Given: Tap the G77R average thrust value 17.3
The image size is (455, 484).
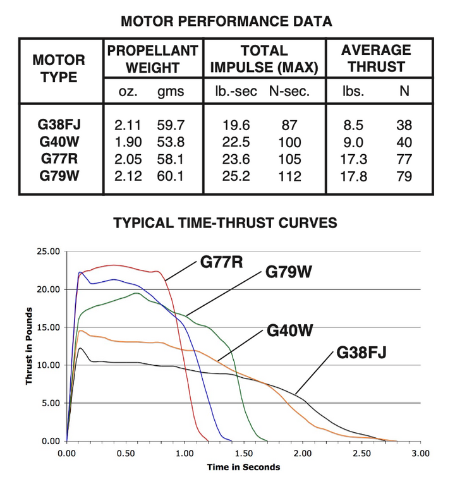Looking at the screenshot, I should point(353,160).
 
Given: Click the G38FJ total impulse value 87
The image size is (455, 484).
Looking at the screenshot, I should point(289,125).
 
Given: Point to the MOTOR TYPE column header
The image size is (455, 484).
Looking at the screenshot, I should point(59,69).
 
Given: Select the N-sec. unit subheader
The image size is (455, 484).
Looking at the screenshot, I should point(289,92).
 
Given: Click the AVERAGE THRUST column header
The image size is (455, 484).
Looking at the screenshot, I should point(376,59).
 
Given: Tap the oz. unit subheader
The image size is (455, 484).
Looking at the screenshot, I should point(128,92).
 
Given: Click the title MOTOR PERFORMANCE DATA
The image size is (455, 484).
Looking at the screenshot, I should point(226,22).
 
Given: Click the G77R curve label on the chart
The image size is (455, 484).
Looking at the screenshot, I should point(222,261).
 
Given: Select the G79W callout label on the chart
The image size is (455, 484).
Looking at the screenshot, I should point(289,273).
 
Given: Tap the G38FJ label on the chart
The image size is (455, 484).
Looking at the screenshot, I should point(361,351).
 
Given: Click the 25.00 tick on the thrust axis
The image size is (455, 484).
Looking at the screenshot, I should point(46,251).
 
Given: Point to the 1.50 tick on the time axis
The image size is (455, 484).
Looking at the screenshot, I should point(244,454).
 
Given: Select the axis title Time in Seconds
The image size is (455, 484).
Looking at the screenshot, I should point(243,468).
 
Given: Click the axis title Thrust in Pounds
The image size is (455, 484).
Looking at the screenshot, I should point(29,346).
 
